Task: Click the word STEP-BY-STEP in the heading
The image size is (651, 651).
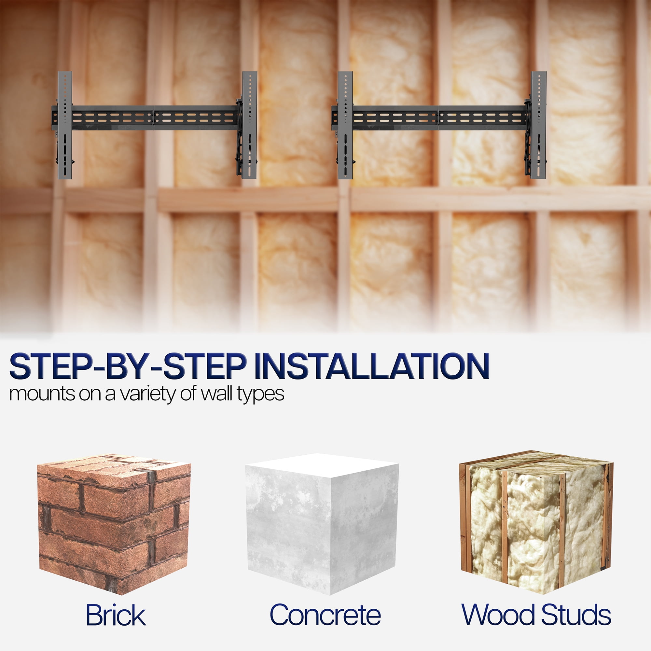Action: pos(128,366)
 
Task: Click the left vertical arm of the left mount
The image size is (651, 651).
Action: pos(65,125)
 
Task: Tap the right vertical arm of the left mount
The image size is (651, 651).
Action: pos(249,125)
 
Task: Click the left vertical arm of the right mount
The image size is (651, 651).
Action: pos(345,125)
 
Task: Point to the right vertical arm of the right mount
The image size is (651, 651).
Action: pos(538,125)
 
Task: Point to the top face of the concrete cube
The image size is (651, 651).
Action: pos(322,465)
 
